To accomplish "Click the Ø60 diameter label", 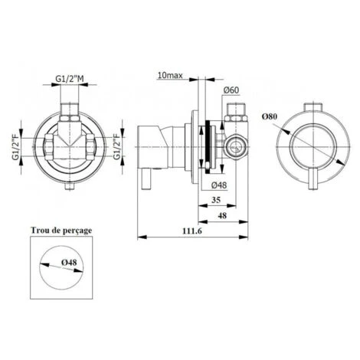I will [x=234, y=90].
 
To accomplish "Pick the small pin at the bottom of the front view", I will [x=69, y=184].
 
